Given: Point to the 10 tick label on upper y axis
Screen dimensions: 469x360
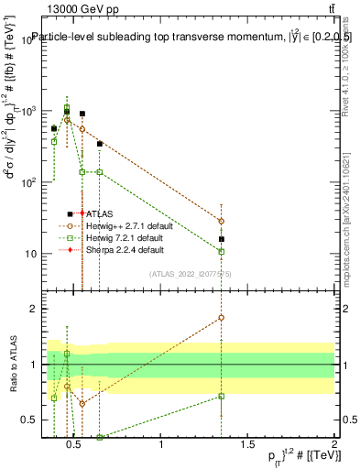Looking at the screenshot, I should click(x=29, y=254).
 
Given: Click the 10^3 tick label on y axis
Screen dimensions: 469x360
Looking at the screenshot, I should click(x=27, y=111).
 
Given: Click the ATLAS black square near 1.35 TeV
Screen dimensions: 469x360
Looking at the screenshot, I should click(x=221, y=239).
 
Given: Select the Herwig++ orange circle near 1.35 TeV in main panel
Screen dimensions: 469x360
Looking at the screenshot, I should click(x=221, y=221).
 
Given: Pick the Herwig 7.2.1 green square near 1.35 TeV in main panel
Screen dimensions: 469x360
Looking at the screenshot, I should click(x=221, y=251).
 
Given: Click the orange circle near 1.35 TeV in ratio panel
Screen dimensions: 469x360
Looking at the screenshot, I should click(x=221, y=318).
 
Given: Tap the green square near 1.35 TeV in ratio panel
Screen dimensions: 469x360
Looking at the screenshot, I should click(x=221, y=396).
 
